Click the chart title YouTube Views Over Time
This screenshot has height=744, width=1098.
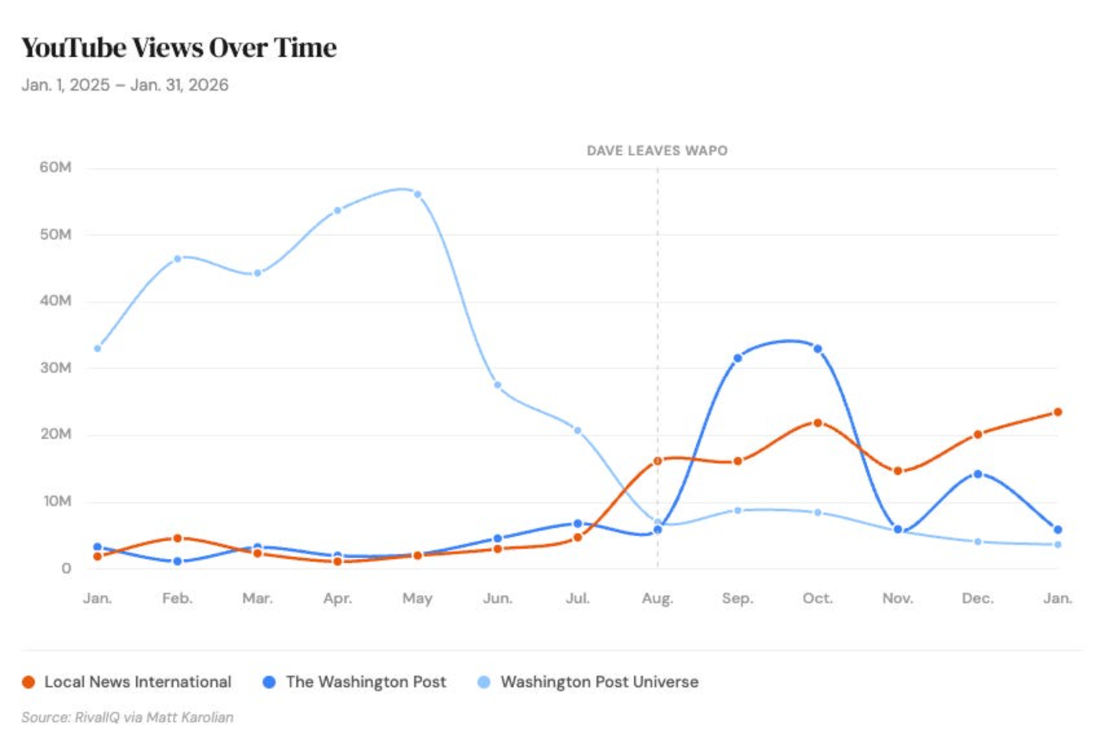179,48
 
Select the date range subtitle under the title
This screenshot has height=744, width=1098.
125,85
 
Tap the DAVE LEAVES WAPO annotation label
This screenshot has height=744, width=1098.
657,151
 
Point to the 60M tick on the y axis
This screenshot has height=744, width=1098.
55,167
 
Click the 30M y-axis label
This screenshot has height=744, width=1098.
55,368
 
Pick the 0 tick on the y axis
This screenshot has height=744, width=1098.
66,568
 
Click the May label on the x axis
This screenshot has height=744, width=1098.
417,598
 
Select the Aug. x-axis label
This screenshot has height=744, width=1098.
657,598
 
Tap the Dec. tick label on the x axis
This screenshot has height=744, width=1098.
978,598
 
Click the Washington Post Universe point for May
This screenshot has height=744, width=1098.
417,195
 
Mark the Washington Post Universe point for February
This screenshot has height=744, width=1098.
177,259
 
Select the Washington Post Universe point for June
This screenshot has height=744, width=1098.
498,385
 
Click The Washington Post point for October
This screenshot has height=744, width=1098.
817,349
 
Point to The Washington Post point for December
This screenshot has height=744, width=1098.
978,474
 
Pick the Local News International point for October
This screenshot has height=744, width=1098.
817,423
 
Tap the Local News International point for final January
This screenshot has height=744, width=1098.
1057,412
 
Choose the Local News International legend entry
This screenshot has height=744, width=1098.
127,682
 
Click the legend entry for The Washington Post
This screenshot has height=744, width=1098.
355,682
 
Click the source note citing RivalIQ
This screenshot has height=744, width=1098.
127,717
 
